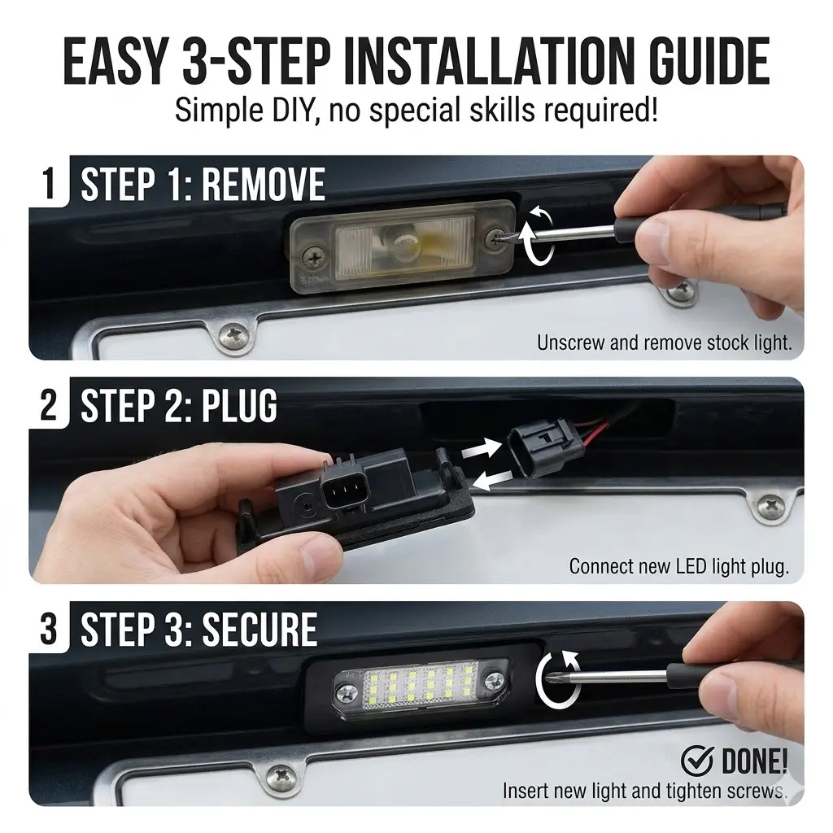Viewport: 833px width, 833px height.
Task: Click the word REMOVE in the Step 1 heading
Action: point(263,185)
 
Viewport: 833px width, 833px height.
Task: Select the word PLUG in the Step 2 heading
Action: point(232,406)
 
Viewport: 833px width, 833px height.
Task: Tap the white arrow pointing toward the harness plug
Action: point(481,448)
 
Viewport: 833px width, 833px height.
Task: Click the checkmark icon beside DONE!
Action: point(697,761)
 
